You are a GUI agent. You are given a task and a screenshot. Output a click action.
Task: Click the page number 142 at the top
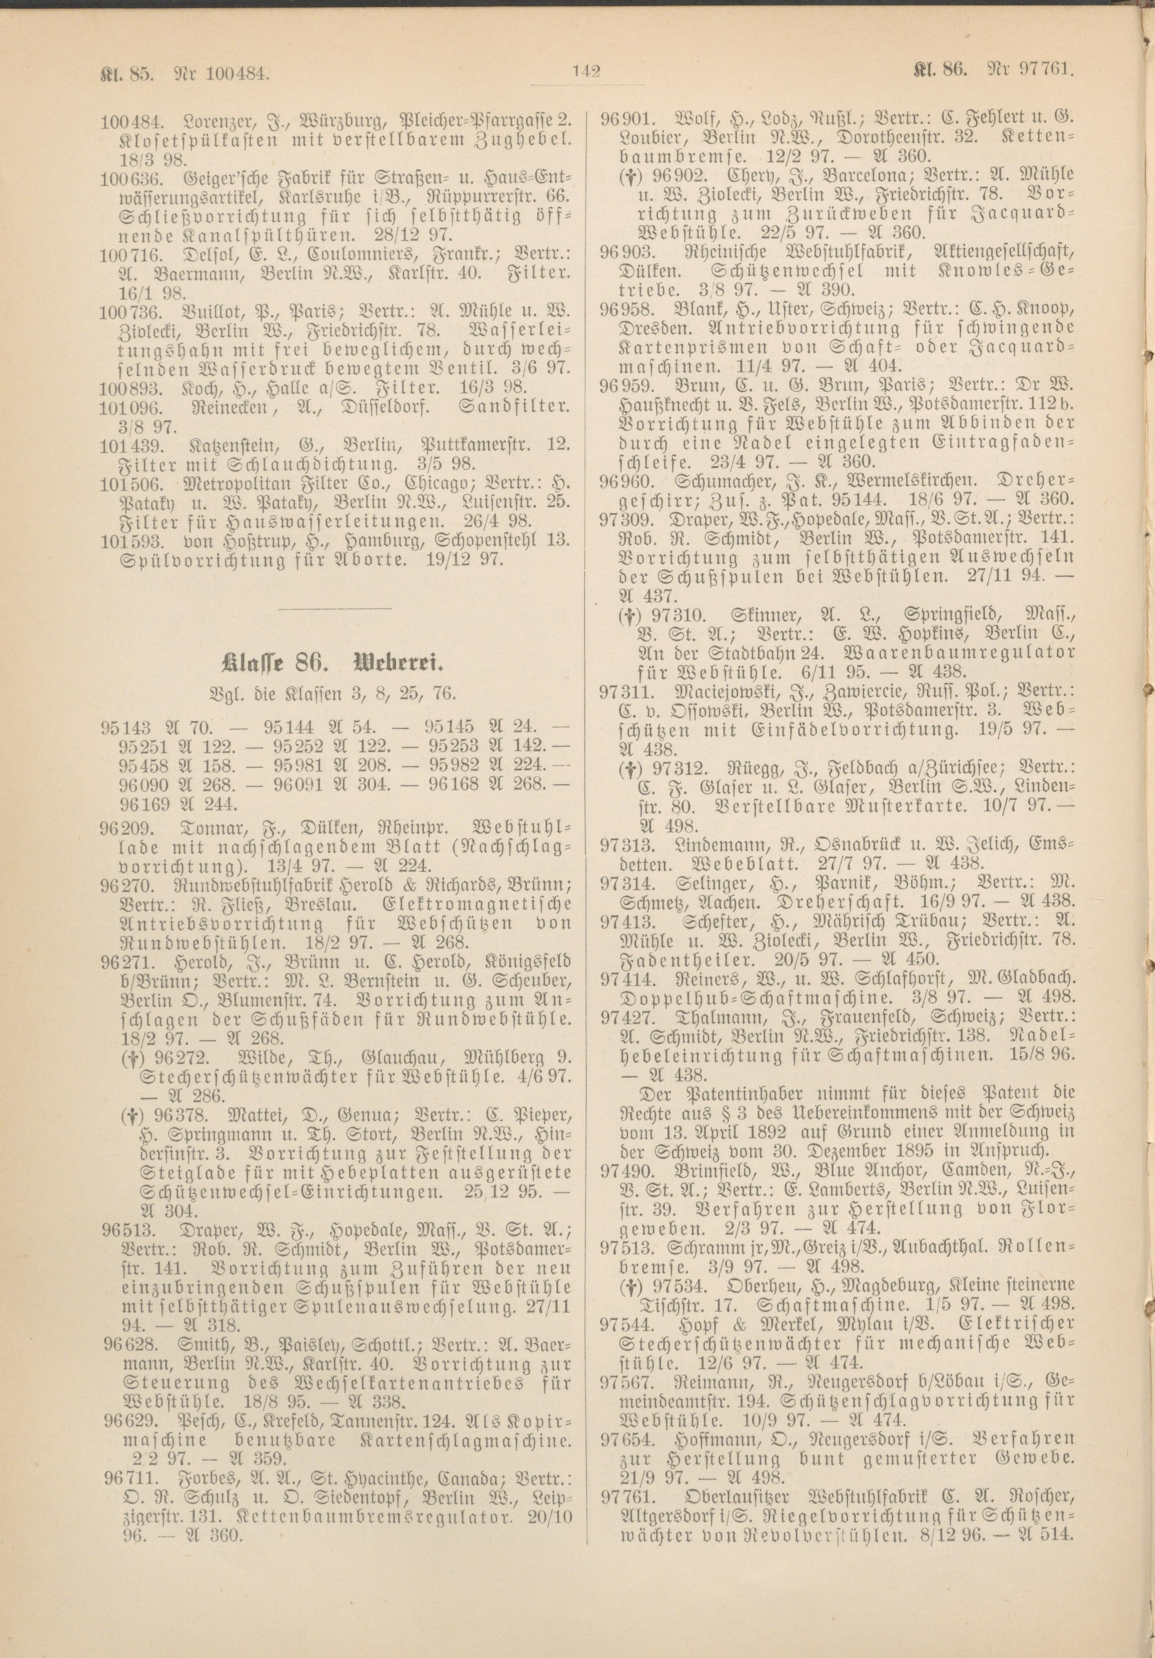(x=587, y=71)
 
